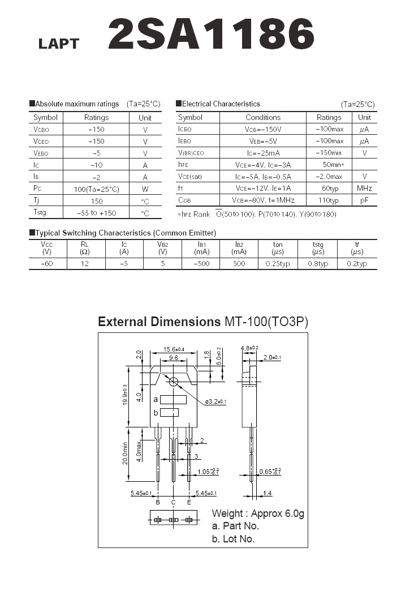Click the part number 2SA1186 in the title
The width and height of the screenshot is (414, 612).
click(210, 34)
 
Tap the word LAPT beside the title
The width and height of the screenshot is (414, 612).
click(59, 44)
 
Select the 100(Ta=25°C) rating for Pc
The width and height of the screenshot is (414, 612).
click(96, 189)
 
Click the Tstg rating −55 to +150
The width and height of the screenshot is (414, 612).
click(96, 213)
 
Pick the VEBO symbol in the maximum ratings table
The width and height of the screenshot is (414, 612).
click(41, 153)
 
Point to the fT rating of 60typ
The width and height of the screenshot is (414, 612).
click(329, 188)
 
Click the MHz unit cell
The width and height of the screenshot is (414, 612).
click(364, 188)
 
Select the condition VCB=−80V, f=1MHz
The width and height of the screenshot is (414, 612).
click(263, 200)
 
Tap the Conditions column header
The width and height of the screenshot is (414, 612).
click(263, 117)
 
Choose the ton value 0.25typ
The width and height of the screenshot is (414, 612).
click(278, 264)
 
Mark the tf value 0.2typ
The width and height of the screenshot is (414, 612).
click(357, 264)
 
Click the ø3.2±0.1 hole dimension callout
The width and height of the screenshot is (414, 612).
click(215, 402)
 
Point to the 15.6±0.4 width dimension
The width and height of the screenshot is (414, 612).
click(174, 349)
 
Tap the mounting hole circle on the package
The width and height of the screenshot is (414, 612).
click(174, 382)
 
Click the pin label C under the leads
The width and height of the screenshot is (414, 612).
click(173, 502)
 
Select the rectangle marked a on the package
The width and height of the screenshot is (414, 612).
click(173, 400)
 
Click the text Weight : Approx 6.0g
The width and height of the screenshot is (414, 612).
click(258, 513)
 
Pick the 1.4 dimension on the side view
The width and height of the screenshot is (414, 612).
click(267, 494)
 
